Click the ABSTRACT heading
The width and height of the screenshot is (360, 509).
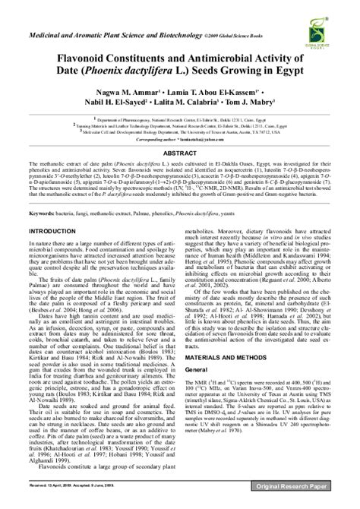(x=180, y=152)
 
